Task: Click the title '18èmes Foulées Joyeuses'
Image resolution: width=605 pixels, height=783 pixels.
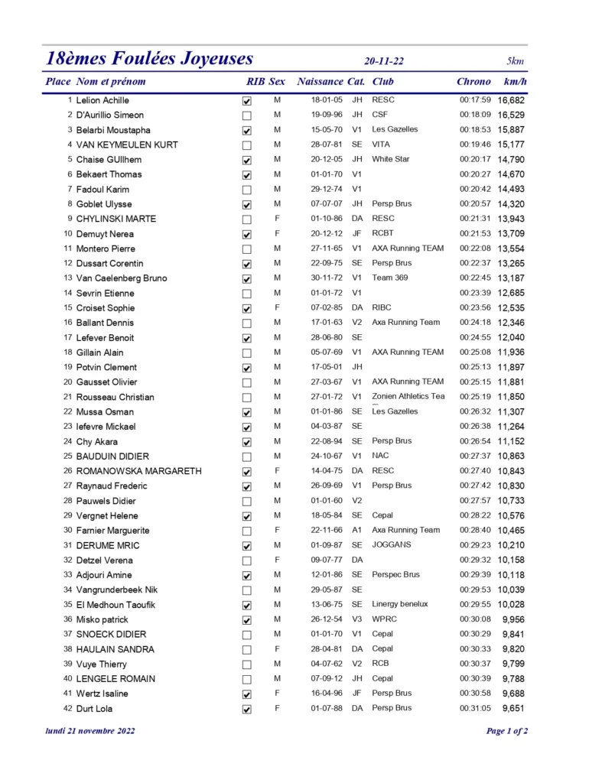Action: pyautogui.click(x=149, y=59)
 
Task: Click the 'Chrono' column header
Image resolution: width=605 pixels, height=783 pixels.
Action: pyautogui.click(x=473, y=82)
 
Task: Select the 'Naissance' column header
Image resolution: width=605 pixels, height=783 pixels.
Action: pyautogui.click(x=320, y=82)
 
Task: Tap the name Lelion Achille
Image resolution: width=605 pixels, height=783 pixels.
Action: pyautogui.click(x=102, y=100)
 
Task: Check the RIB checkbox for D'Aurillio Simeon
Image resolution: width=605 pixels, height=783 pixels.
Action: pyautogui.click(x=246, y=115)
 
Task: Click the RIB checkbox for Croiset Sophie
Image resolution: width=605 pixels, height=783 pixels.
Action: pyautogui.click(x=246, y=309)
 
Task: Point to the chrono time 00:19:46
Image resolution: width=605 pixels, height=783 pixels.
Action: pyautogui.click(x=475, y=145)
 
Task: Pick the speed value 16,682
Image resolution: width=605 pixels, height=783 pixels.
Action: pyautogui.click(x=511, y=100)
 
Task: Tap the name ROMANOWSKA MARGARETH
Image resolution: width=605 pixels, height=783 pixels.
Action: pyautogui.click(x=138, y=471)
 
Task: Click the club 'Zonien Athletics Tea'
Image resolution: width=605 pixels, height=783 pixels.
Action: pyautogui.click(x=408, y=397)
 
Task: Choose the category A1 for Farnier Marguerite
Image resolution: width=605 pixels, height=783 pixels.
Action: pyautogui.click(x=356, y=530)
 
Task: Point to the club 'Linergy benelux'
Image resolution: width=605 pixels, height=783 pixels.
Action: pyautogui.click(x=399, y=604)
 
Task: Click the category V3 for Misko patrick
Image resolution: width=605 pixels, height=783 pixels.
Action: pyautogui.click(x=356, y=619)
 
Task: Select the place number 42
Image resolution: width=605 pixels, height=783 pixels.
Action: pyautogui.click(x=68, y=709)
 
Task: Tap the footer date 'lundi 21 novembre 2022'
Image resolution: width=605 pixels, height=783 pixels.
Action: pyautogui.click(x=90, y=731)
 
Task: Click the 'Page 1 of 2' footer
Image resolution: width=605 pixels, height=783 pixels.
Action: pyautogui.click(x=506, y=731)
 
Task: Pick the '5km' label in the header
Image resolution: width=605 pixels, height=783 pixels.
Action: pyautogui.click(x=515, y=61)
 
